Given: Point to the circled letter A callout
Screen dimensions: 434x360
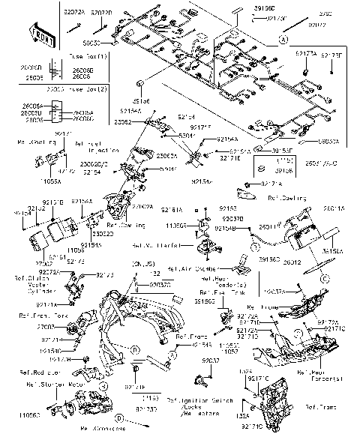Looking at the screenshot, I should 283,37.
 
